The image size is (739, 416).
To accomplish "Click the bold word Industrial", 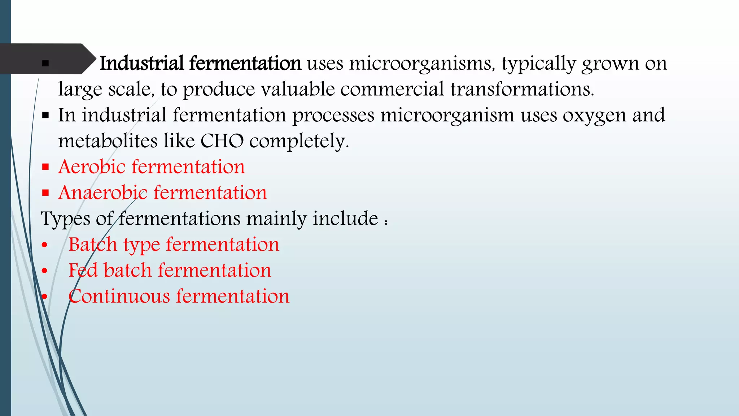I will (x=142, y=64).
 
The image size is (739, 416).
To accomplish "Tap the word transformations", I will (x=522, y=89).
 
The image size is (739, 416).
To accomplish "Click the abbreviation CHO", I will (x=222, y=141).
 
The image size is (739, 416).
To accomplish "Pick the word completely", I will (x=299, y=141).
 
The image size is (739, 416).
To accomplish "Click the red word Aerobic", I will (x=92, y=167).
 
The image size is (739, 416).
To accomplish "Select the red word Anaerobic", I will (x=103, y=193).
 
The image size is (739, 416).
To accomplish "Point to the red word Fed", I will (x=83, y=270).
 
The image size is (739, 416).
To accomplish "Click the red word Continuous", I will (x=119, y=296).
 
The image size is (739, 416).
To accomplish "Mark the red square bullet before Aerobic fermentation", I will (x=45, y=167).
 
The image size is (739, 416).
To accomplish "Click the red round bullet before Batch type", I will (x=44, y=245).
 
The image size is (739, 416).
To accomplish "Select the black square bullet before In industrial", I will (x=45, y=116).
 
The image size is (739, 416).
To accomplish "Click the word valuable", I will (x=298, y=89).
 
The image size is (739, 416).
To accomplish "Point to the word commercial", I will (x=392, y=89).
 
